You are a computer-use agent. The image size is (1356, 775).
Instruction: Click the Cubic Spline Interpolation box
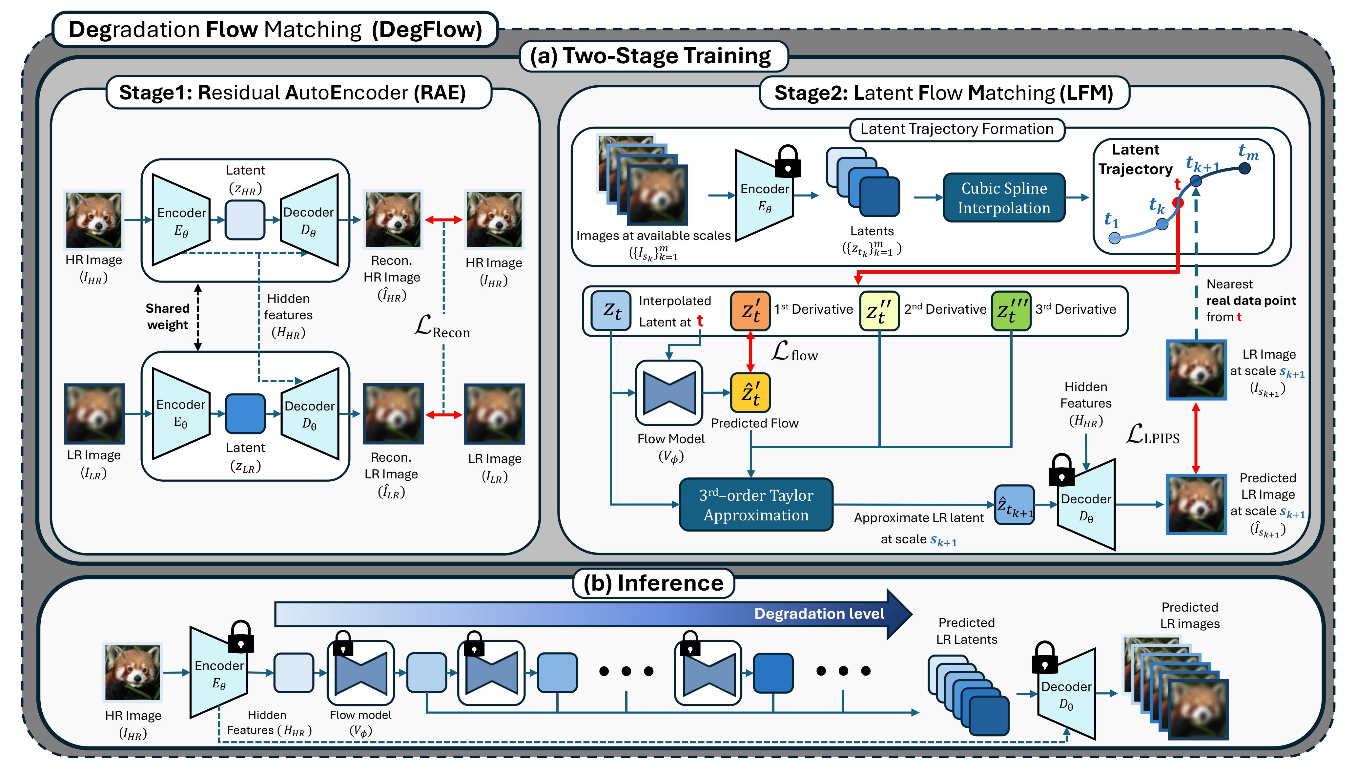(x=1003, y=198)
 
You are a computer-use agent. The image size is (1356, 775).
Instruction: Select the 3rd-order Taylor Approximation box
(x=755, y=505)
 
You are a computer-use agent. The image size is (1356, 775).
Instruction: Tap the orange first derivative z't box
(x=750, y=311)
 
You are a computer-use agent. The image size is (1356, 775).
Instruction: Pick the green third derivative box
(x=1011, y=311)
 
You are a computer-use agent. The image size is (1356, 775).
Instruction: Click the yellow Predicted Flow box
(x=750, y=393)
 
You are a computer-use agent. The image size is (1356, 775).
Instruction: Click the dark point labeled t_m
(x=1244, y=168)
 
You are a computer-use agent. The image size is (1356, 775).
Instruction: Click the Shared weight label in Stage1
(x=168, y=316)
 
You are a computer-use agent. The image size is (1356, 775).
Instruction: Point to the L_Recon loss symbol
(x=442, y=326)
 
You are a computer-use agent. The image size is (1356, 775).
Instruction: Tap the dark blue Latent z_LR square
(x=245, y=413)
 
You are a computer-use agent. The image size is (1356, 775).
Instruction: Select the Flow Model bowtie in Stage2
(x=669, y=393)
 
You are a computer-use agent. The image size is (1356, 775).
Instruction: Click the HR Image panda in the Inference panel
(x=133, y=672)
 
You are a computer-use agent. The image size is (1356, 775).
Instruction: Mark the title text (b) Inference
(x=653, y=583)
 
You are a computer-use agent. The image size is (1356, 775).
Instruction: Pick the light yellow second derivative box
(x=879, y=311)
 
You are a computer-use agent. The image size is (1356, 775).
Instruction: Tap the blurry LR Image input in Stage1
(x=94, y=413)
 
